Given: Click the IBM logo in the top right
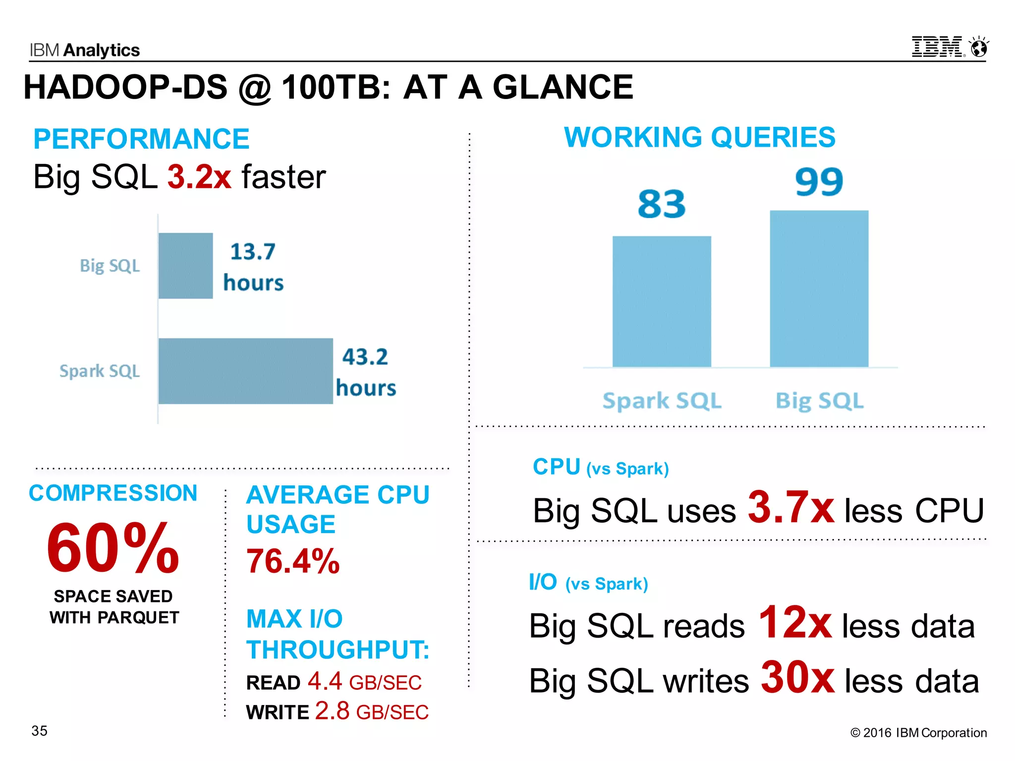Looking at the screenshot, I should point(938,47).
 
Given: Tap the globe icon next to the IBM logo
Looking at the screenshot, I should point(979,48).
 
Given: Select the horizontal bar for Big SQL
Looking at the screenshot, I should point(186,266).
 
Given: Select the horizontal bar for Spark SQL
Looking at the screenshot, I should point(246,371).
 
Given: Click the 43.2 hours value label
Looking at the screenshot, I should point(366,372).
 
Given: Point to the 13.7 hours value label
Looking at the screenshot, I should point(253,267).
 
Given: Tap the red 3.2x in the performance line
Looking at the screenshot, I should point(199,177).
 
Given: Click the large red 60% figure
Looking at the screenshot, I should point(113,548).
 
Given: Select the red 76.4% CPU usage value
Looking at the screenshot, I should point(293,561).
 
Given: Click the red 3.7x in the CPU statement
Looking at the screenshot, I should point(791,507).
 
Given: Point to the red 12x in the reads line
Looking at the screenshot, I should point(795,623).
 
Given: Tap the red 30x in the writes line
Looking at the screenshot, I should point(798,678).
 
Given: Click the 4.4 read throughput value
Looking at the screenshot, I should point(325,681).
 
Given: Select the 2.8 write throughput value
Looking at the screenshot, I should point(332,711).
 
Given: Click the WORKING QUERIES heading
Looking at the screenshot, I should point(699,137).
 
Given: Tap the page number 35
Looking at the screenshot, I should point(40,731).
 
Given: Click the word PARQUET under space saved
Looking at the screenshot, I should point(138,618).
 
